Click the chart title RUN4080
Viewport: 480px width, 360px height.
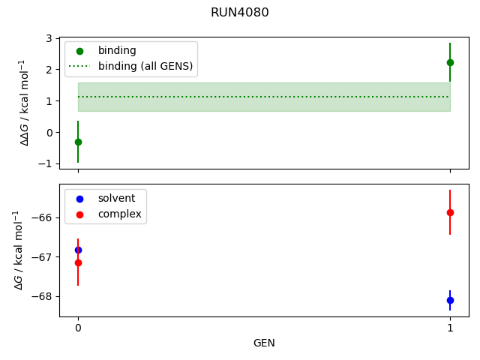point(240,13)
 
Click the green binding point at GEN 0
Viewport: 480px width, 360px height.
point(78,142)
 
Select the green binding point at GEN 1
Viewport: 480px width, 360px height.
point(450,62)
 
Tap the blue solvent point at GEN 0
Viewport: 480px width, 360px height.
point(78,250)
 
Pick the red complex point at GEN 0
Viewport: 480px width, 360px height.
point(78,262)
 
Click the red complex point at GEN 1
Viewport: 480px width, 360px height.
point(450,212)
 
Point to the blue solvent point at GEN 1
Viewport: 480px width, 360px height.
point(450,300)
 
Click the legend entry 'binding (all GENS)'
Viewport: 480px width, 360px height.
point(145,66)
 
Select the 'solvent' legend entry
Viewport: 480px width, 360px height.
point(116,198)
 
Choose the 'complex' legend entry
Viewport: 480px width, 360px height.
point(119,214)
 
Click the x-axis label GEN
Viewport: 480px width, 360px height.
point(264,343)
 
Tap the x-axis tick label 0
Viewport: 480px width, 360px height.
point(78,328)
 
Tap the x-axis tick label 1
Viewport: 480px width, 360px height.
point(450,328)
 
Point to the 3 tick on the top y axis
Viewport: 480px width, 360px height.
point(49,38)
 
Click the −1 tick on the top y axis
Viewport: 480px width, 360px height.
point(46,163)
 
